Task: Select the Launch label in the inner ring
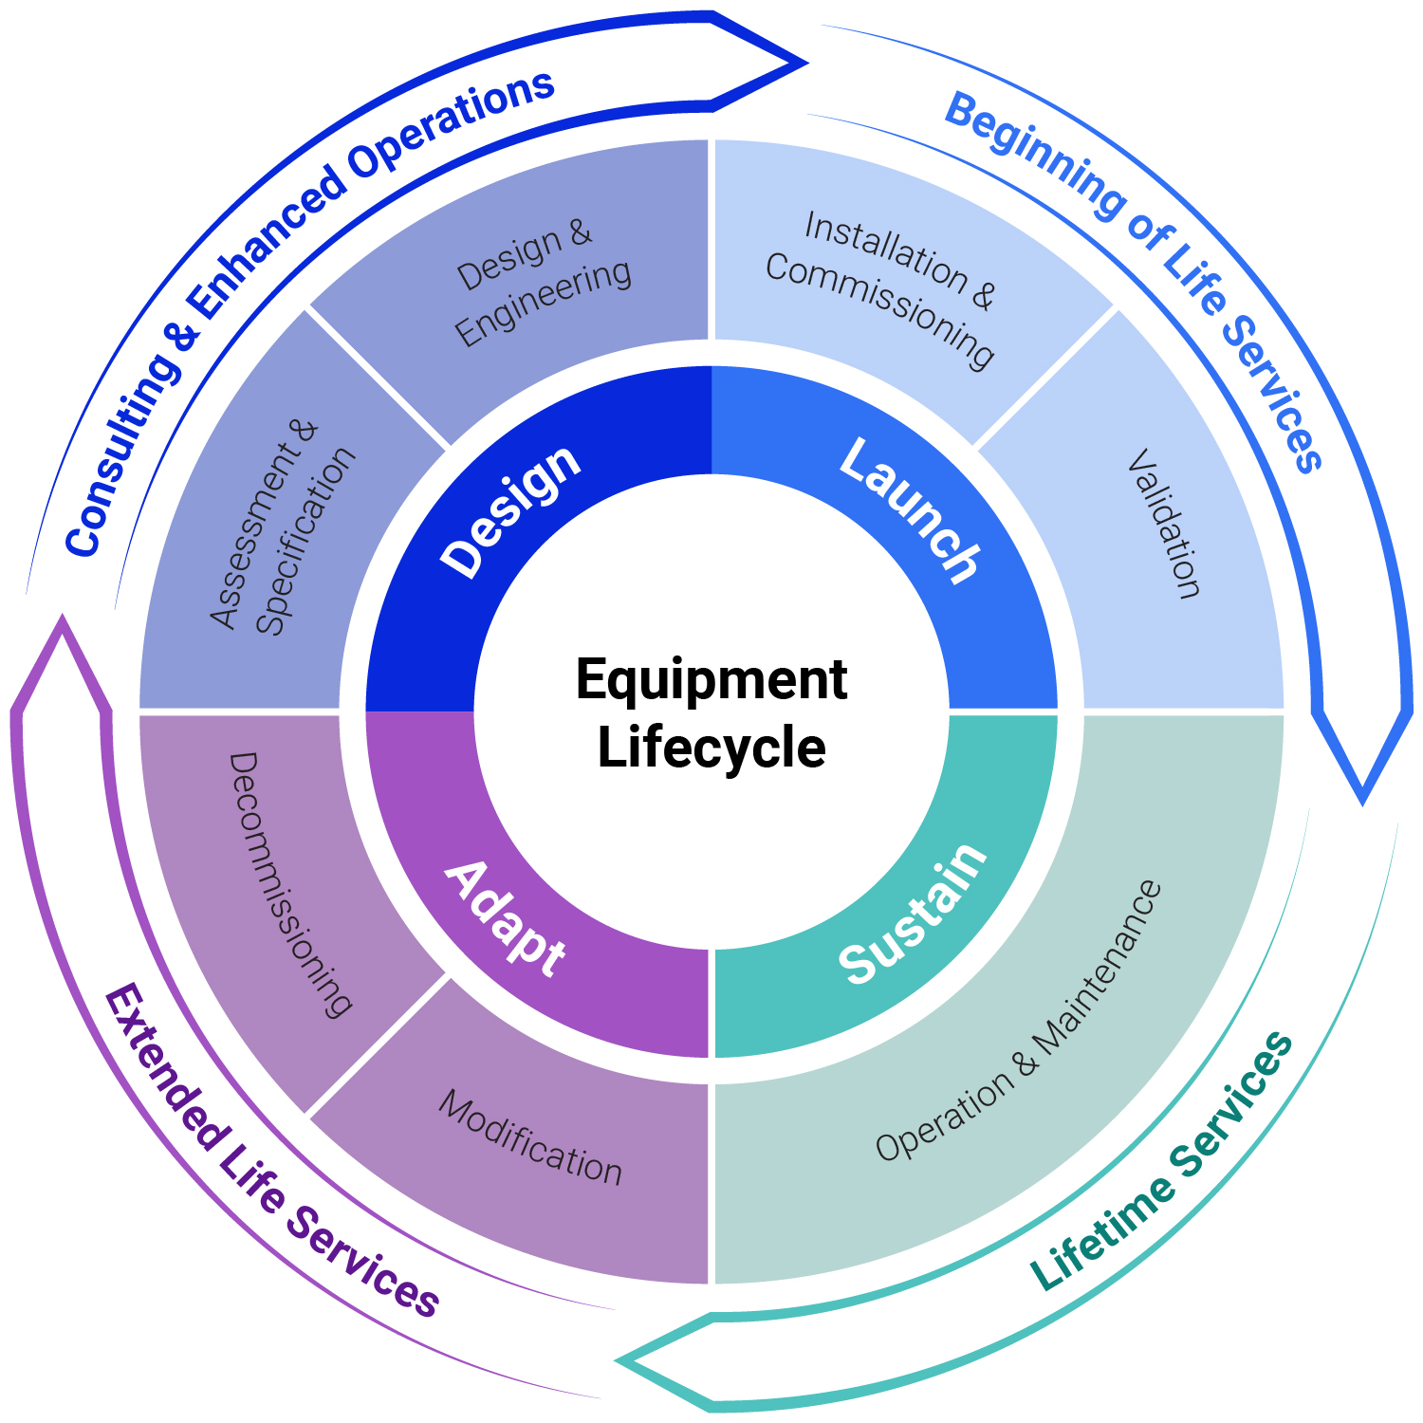[910, 509]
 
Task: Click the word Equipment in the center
[711, 679]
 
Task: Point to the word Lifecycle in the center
[711, 748]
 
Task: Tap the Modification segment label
[530, 1137]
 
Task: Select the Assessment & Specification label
[282, 527]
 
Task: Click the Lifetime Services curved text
[1162, 1161]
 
